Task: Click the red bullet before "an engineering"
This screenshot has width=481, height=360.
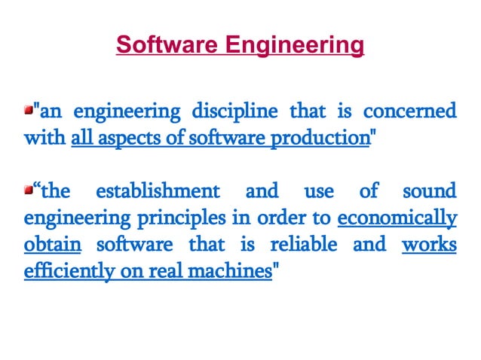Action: pos(29,111)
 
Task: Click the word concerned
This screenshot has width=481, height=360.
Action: pos(409,113)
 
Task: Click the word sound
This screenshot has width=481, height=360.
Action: pos(430,191)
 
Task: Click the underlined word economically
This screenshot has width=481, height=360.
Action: pos(397,219)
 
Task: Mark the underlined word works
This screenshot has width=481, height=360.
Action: pos(429,245)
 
